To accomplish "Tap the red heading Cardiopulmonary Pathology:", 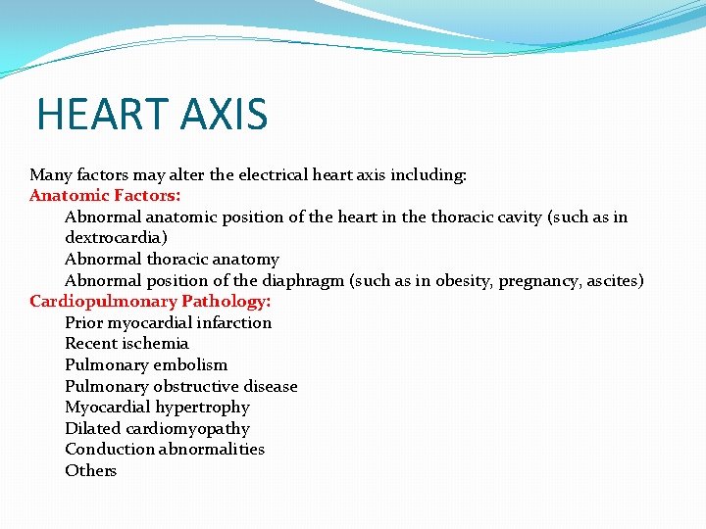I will (150, 302).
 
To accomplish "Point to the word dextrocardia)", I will (114, 238).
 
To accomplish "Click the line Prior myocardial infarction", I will (168, 323).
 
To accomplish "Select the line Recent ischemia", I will (126, 344).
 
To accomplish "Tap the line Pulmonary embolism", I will (146, 365).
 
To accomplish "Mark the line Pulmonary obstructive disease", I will (180, 387).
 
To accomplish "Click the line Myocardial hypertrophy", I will (157, 408).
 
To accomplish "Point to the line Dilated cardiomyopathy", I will (157, 429).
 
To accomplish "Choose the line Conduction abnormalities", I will (165, 450).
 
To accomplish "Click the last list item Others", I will (90, 471).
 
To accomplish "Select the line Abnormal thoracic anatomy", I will (172, 260).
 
